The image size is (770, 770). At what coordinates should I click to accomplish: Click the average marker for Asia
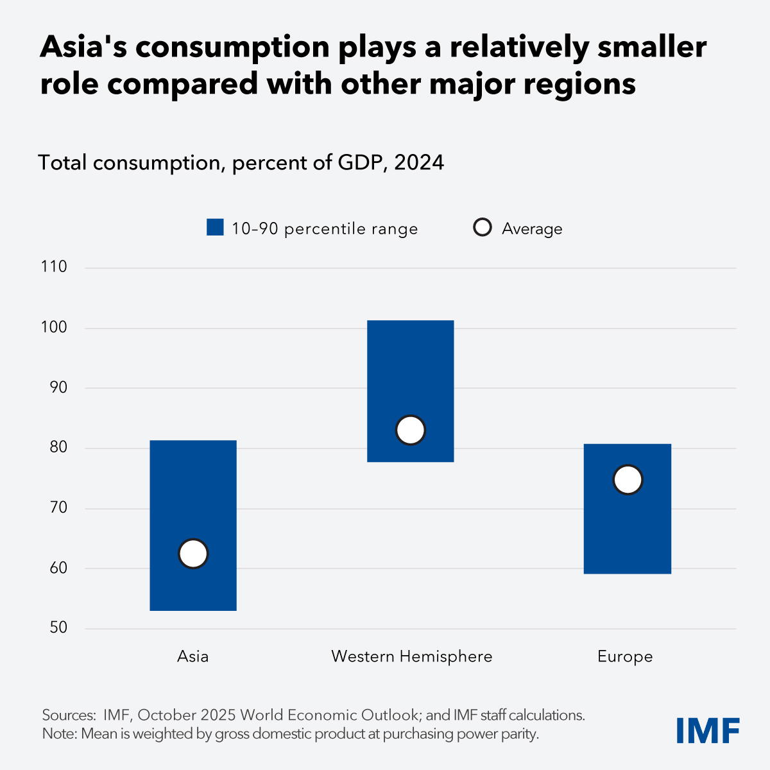[x=193, y=554]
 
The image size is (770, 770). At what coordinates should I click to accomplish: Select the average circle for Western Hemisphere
[x=411, y=430]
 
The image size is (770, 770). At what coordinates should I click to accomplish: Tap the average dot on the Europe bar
[x=628, y=480]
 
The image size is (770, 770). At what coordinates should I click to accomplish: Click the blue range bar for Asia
[x=193, y=488]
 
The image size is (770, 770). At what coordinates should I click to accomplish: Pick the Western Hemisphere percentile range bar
[x=411, y=366]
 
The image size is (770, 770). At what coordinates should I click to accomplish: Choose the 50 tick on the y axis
[x=58, y=628]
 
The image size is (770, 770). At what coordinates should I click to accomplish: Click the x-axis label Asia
[x=193, y=656]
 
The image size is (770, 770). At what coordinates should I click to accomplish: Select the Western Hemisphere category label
[x=411, y=656]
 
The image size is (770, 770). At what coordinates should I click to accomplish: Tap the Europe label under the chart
[x=625, y=657]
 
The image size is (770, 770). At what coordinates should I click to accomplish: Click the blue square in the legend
[x=215, y=228]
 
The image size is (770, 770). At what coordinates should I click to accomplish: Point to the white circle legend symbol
[x=483, y=228]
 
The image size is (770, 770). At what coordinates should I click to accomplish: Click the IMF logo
[x=708, y=731]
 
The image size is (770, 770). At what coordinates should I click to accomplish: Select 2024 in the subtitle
[x=419, y=163]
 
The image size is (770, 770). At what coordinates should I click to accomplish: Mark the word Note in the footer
[x=58, y=734]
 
